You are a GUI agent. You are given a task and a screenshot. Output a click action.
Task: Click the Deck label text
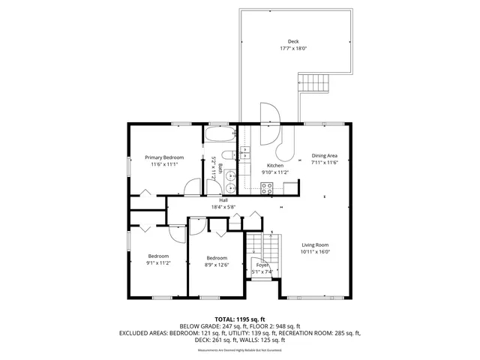(293, 42)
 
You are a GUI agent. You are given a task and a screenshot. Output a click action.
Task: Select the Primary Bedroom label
(164, 157)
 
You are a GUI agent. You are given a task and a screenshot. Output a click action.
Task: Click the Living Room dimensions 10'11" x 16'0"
(316, 252)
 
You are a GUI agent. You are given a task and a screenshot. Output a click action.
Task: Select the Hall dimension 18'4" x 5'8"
(223, 207)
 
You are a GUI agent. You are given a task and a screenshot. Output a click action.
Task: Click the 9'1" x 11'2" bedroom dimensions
(157, 263)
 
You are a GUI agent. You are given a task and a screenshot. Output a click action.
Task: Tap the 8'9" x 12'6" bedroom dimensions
(217, 264)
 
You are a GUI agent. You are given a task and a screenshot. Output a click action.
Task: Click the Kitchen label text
(274, 165)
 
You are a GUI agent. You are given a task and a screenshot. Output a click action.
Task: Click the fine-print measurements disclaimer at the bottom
(239, 349)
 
